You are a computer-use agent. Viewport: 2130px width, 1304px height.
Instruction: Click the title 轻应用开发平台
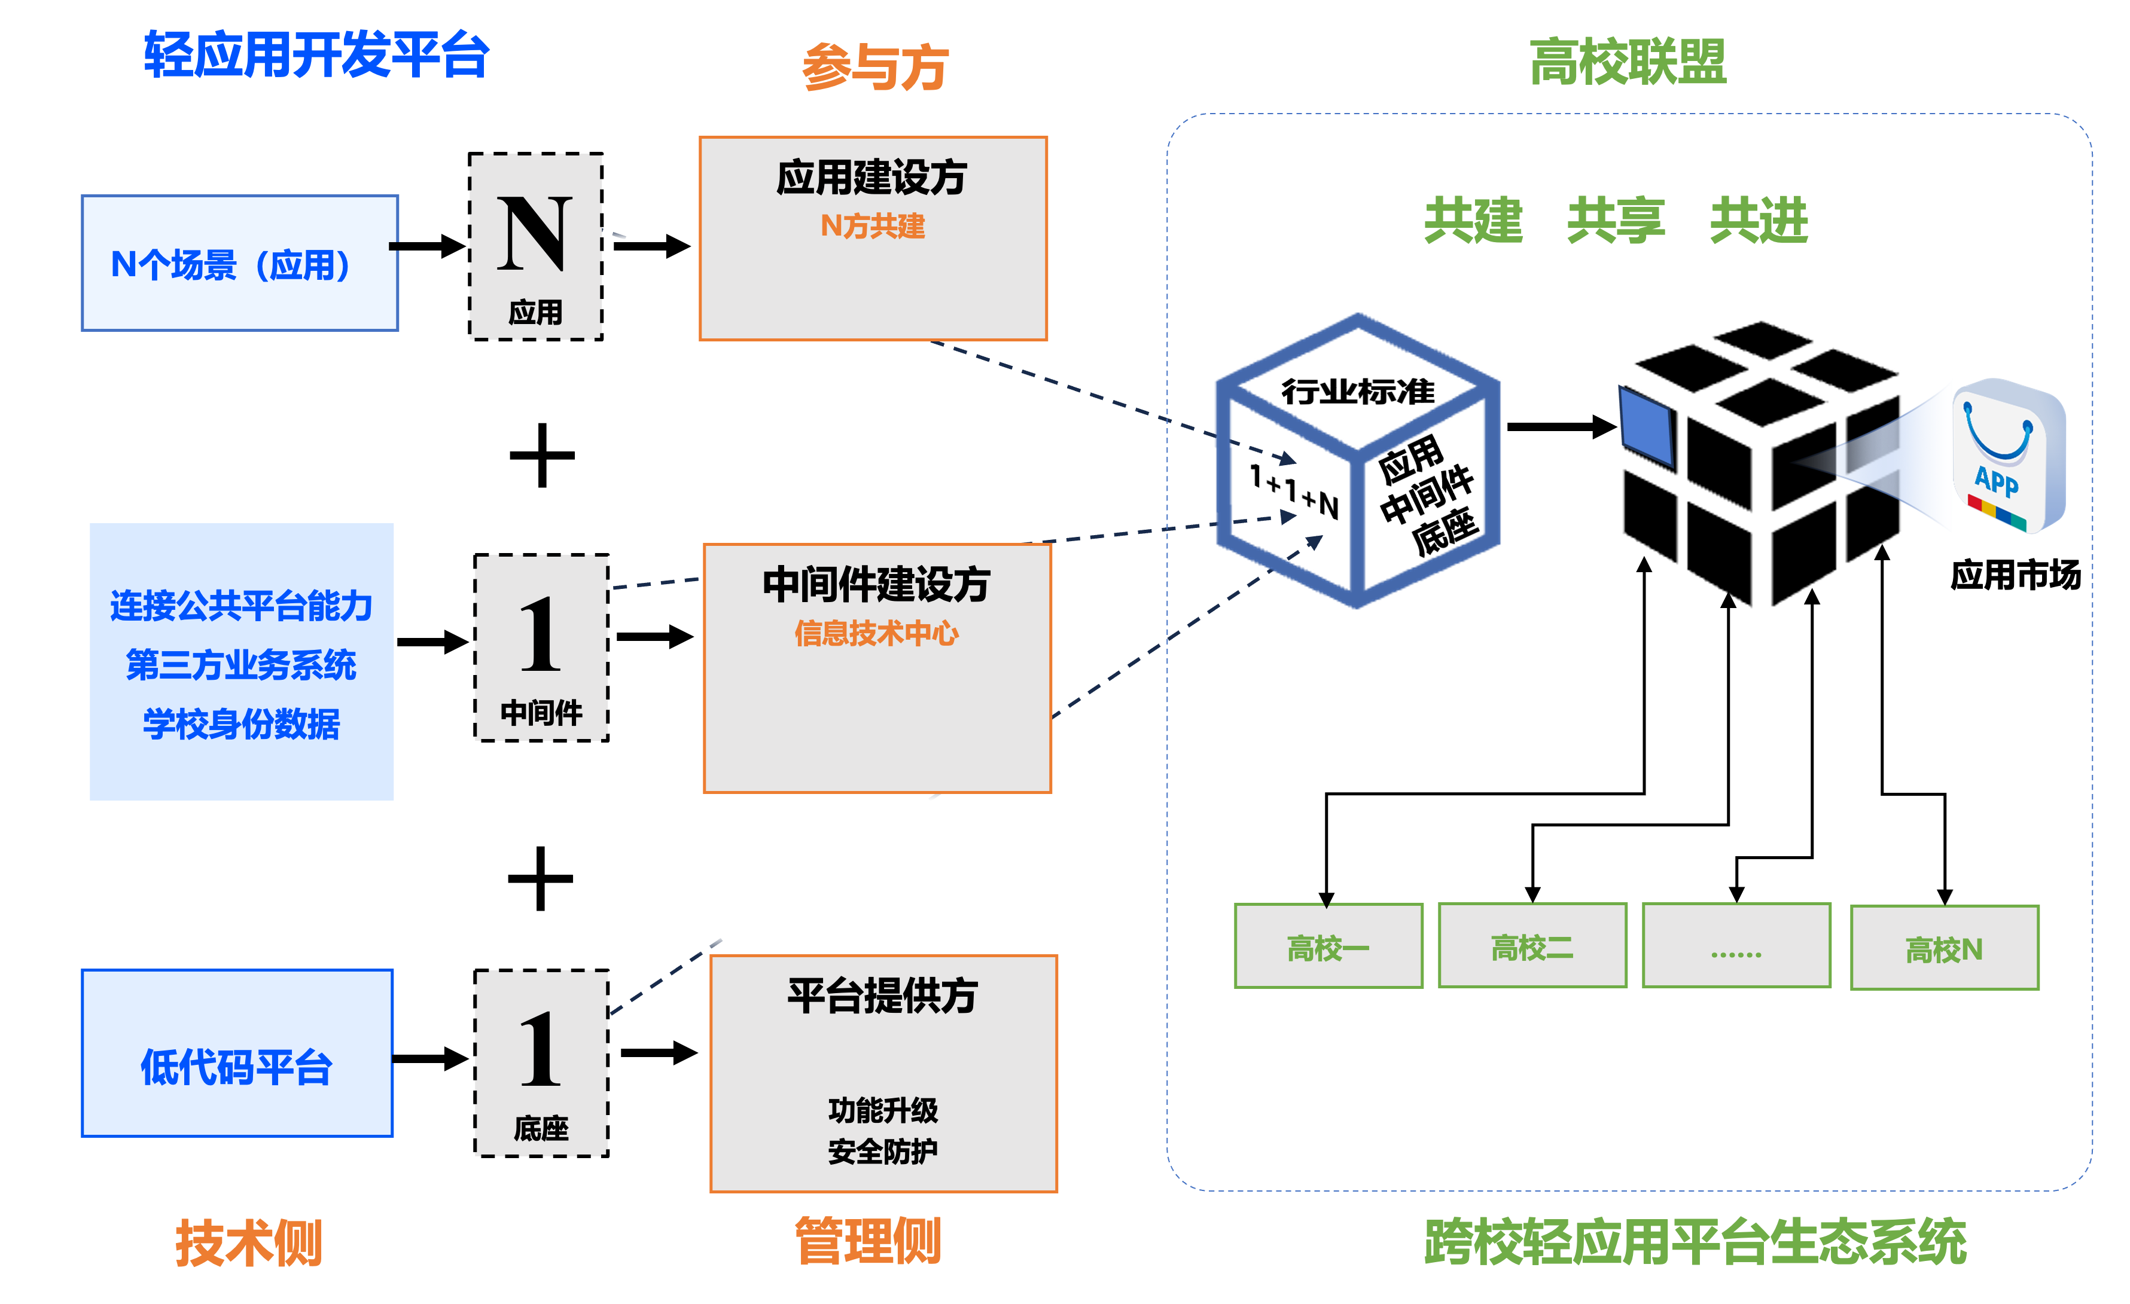pos(316,56)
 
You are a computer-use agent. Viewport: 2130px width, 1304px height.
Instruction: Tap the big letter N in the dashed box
pos(535,233)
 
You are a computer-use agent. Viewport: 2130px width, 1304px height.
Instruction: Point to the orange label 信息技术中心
pos(876,633)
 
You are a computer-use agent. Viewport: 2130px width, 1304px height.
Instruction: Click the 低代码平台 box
pos(237,1053)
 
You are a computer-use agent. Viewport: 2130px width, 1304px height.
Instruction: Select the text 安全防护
pos(883,1151)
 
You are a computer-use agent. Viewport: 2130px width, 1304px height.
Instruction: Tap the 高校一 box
pos(1328,946)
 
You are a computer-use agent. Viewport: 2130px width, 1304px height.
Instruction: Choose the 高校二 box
pos(1532,946)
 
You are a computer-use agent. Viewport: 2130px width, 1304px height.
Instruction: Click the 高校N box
pos(1944,948)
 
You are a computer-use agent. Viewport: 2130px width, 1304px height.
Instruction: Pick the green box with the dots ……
pos(1736,946)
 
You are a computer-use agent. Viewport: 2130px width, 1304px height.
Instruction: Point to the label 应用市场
pos(2015,575)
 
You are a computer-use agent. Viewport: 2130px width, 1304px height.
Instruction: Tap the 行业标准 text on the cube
pos(1357,392)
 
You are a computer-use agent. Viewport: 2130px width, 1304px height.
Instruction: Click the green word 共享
pos(1615,221)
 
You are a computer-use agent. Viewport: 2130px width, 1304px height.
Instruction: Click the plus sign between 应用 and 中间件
pos(542,456)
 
